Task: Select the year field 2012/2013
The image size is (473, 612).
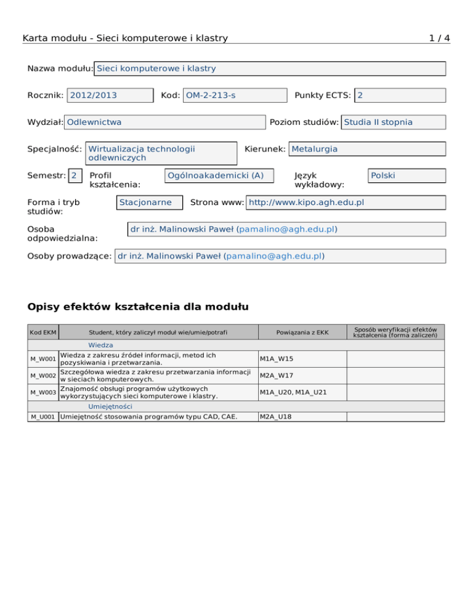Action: click(x=110, y=95)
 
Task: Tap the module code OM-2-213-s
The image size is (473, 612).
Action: click(x=235, y=95)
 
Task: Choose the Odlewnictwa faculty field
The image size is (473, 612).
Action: click(x=164, y=122)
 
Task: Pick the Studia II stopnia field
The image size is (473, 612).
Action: click(x=393, y=122)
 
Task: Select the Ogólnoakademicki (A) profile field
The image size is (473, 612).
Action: click(x=220, y=175)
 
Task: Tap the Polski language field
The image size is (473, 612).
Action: click(x=405, y=175)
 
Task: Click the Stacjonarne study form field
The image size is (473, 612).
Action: click(x=150, y=203)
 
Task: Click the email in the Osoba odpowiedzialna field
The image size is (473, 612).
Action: click(x=286, y=229)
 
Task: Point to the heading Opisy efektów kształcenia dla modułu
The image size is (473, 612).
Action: click(x=138, y=306)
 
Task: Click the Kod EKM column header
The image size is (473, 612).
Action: click(x=43, y=333)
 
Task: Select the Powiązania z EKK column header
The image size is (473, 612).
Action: click(x=302, y=333)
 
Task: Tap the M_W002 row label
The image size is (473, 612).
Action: click(x=43, y=375)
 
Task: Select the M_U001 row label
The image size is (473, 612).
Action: click(x=43, y=417)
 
